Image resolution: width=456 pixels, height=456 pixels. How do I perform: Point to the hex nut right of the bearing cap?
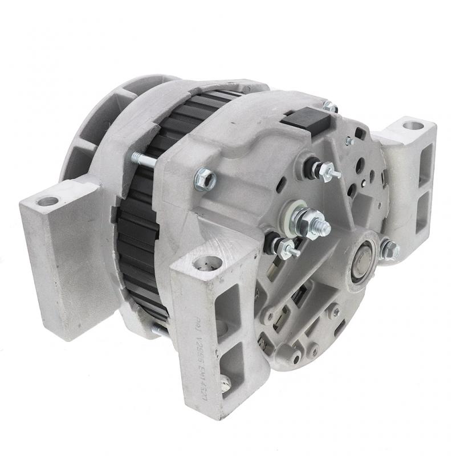[x=390, y=250]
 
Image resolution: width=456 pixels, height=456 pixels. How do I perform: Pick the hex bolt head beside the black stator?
[x=205, y=180]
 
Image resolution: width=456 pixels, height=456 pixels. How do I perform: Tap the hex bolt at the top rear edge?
[x=330, y=107]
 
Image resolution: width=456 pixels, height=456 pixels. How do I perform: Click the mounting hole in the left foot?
[x=47, y=201]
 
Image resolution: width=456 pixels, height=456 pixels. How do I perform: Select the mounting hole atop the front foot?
[x=206, y=263]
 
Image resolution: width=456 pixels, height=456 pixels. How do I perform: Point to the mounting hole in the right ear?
[x=413, y=125]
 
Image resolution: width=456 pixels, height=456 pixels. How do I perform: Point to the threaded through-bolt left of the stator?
[x=144, y=160]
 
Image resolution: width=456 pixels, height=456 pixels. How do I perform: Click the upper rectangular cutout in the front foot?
[x=231, y=302]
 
